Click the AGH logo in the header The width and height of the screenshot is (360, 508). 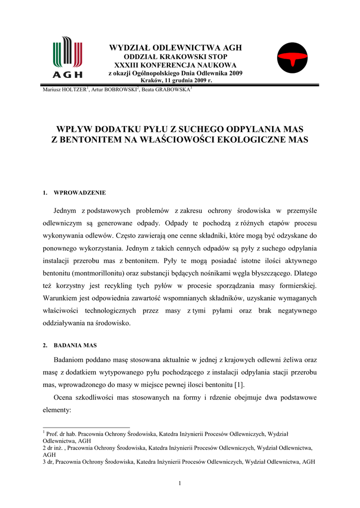[68, 57]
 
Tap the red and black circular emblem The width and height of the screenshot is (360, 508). [292, 58]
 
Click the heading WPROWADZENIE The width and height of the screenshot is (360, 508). [79, 192]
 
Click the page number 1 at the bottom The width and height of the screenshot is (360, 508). [180, 484]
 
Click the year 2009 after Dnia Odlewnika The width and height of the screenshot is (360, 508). [235, 73]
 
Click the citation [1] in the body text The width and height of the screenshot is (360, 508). [239, 385]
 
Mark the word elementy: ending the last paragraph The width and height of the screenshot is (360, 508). [58, 411]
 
